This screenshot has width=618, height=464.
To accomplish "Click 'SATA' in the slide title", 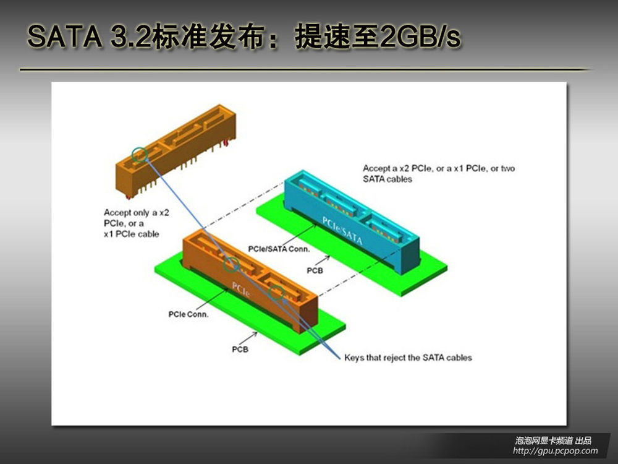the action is [x=65, y=37].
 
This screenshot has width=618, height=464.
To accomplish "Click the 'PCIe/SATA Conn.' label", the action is [x=279, y=249].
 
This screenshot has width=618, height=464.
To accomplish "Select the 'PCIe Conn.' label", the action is [x=188, y=314].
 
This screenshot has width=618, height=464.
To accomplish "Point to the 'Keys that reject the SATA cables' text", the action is [x=408, y=358].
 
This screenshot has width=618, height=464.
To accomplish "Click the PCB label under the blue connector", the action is [x=315, y=271].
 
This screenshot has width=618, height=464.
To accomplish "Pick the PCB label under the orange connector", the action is [x=240, y=349].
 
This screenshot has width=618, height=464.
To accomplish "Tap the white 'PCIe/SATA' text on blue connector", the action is [x=342, y=231].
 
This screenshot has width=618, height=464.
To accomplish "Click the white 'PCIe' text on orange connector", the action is [x=241, y=290].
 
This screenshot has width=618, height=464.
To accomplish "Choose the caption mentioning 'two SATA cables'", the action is [x=439, y=174].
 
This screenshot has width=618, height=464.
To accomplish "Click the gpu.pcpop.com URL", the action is [x=556, y=450].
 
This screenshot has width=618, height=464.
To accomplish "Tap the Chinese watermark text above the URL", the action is [x=553, y=440].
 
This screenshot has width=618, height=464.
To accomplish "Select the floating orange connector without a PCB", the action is [x=176, y=151].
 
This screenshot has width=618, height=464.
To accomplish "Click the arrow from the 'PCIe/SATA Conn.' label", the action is [x=300, y=235].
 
